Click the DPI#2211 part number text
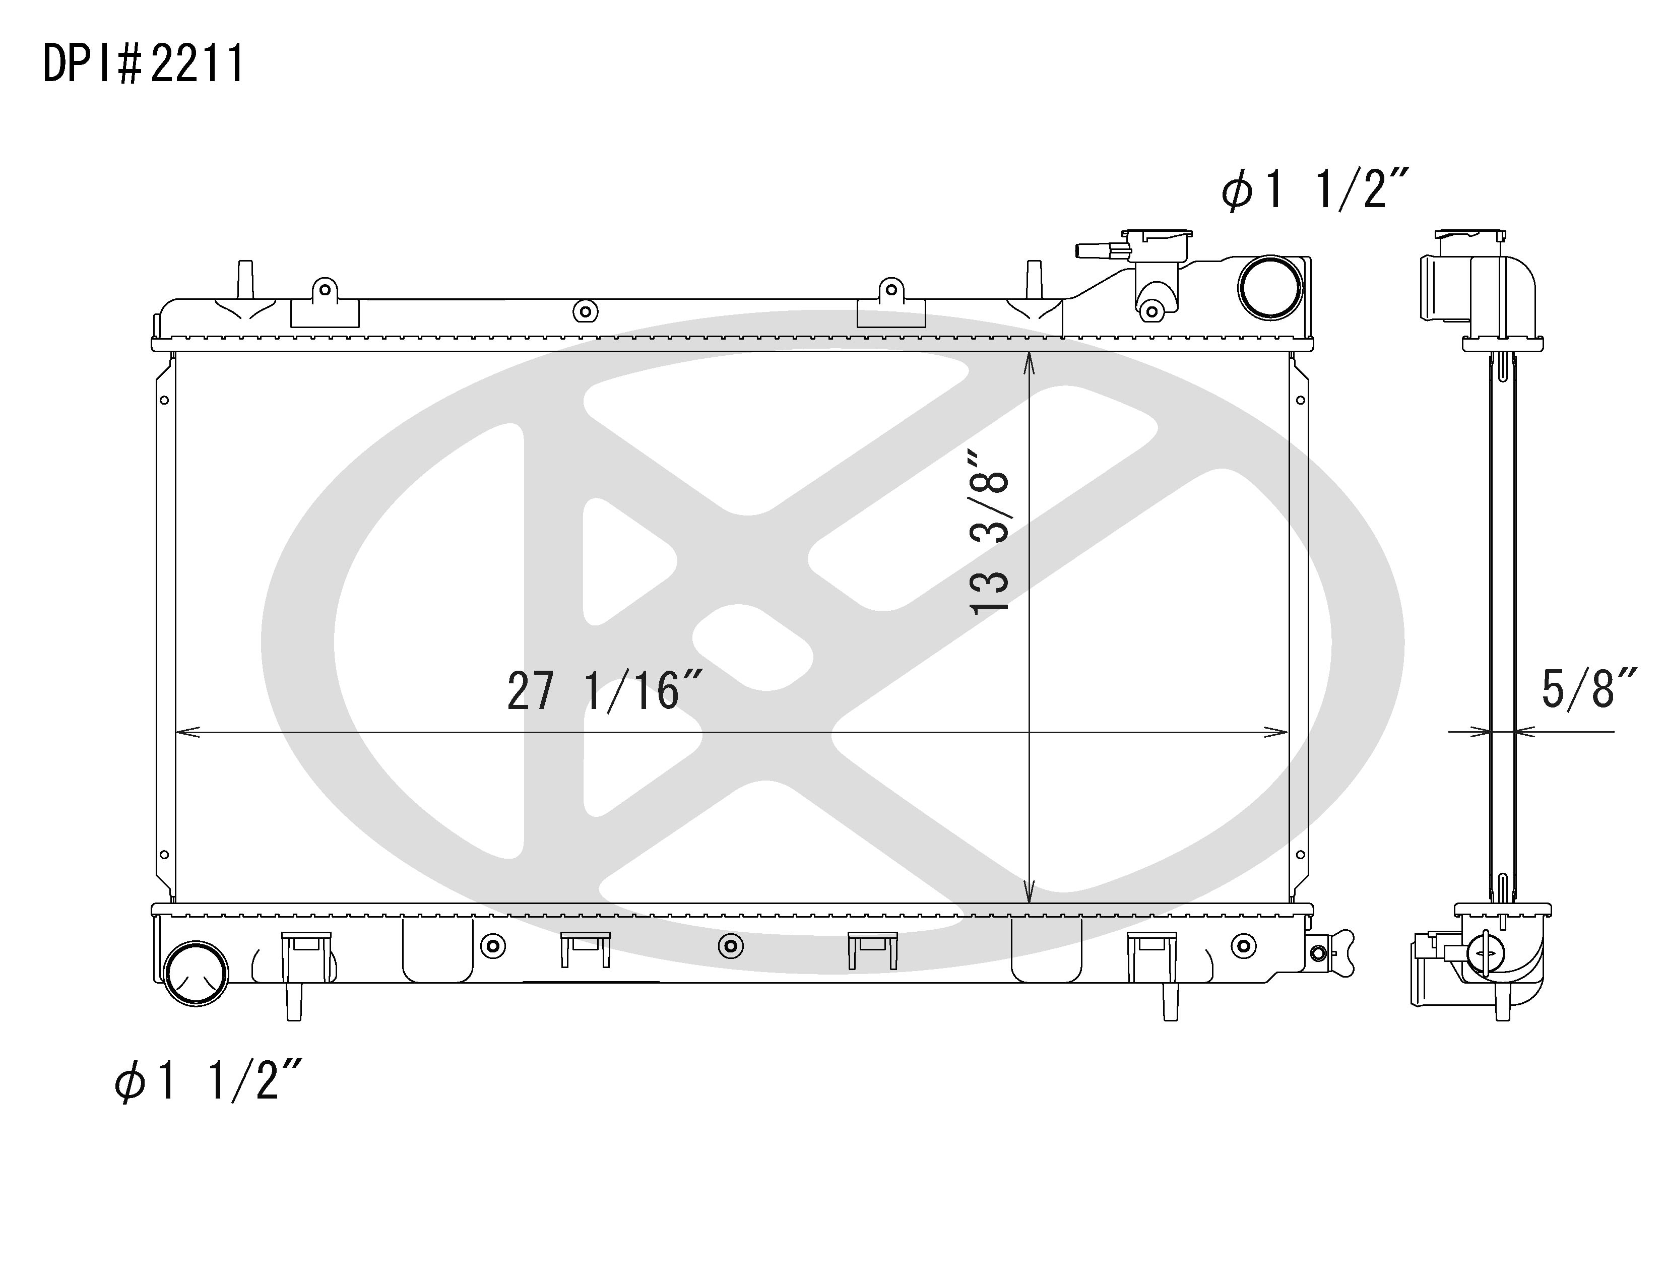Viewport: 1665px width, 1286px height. (143, 63)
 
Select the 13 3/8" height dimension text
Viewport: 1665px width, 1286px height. (990, 531)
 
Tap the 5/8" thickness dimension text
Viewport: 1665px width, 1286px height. (1587, 689)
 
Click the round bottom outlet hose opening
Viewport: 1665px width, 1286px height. (196, 974)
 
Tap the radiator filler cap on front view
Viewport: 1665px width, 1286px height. (1159, 245)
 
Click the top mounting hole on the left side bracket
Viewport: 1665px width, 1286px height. (164, 400)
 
